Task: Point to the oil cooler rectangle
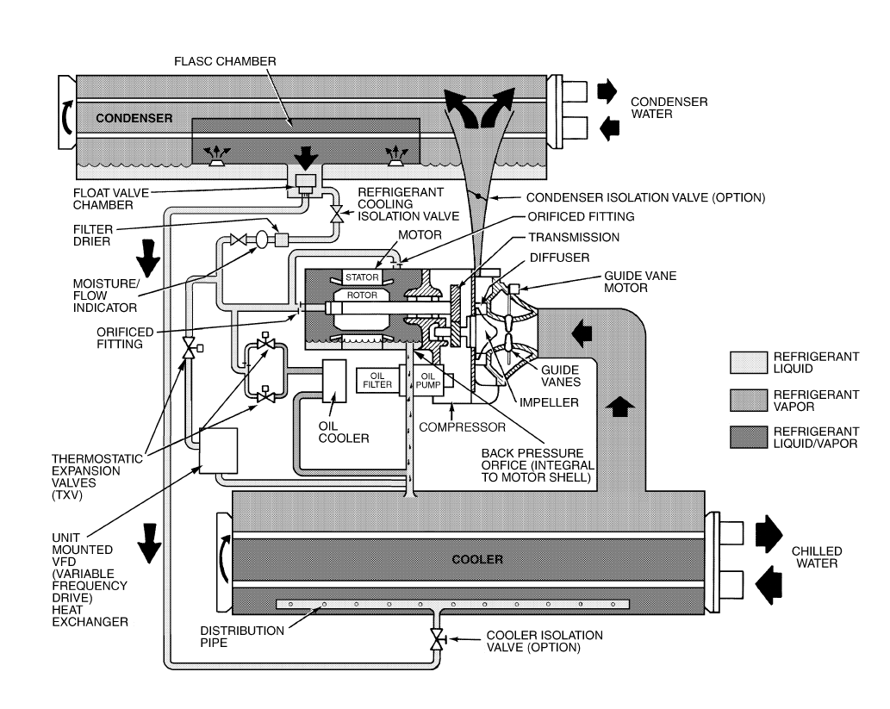pyautogui.click(x=333, y=382)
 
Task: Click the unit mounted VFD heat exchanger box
pyautogui.click(x=218, y=451)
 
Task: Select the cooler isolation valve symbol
pyautogui.click(x=437, y=638)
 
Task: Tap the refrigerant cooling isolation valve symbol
pyautogui.click(x=336, y=212)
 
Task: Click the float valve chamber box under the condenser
pyautogui.click(x=305, y=182)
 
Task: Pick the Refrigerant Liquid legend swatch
pyautogui.click(x=748, y=360)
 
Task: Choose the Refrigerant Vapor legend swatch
pyautogui.click(x=748, y=398)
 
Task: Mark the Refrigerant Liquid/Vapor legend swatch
pyautogui.click(x=748, y=436)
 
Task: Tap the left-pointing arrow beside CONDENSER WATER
pyautogui.click(x=607, y=128)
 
